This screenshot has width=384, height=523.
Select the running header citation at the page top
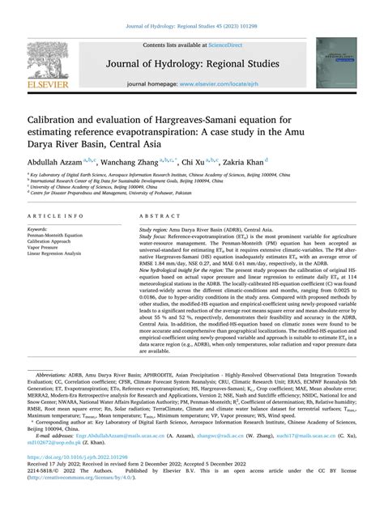pos(191,10)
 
